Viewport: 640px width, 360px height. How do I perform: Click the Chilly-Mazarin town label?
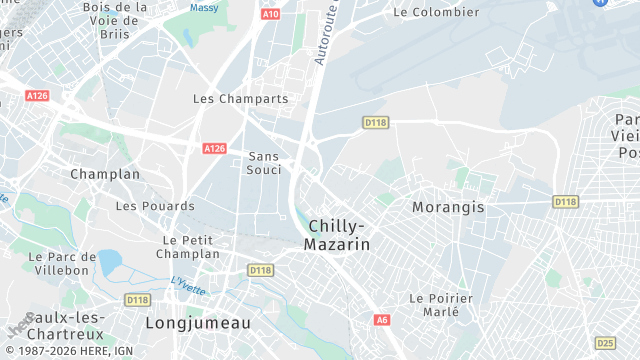pyautogui.click(x=338, y=235)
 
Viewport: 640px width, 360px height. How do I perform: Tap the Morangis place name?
pyautogui.click(x=448, y=207)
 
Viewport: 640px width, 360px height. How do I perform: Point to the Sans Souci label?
pyautogui.click(x=264, y=163)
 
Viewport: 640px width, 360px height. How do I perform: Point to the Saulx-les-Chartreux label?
pyautogui.click(x=51, y=326)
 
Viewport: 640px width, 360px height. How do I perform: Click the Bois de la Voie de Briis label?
pyautogui.click(x=114, y=19)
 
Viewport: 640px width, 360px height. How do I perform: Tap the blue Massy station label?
pyautogui.click(x=205, y=8)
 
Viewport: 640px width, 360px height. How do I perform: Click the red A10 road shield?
pyautogui.click(x=270, y=15)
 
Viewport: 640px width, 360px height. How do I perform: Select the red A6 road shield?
pyautogui.click(x=382, y=320)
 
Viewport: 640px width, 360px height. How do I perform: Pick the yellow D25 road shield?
pyautogui.click(x=604, y=342)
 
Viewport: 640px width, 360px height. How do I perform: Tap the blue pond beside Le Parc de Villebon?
pyautogui.click(x=109, y=262)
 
